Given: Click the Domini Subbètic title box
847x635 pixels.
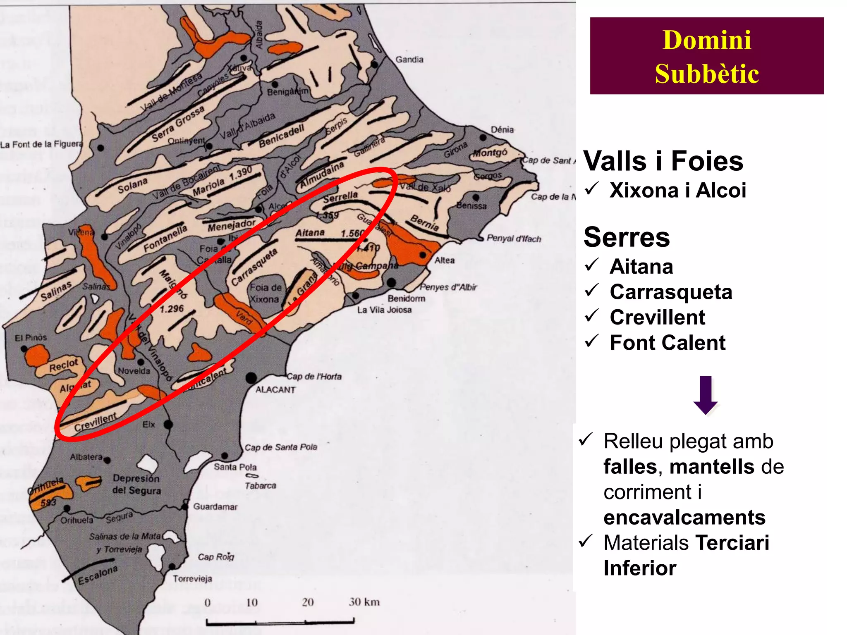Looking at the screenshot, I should [706, 56].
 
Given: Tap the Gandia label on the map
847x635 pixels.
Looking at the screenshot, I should [409, 60].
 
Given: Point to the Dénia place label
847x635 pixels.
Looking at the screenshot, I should [502, 130].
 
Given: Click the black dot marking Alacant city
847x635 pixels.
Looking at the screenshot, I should [251, 377].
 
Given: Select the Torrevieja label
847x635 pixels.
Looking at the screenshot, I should [192, 579].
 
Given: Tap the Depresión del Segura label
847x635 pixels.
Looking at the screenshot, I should [136, 485].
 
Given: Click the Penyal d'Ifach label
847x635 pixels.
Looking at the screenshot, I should [514, 239].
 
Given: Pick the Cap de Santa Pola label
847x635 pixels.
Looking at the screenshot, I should [281, 447].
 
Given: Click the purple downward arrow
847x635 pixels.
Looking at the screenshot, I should [705, 395].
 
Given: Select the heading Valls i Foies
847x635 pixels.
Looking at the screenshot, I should [663, 161].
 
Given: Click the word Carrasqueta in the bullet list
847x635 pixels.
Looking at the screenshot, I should [671, 292].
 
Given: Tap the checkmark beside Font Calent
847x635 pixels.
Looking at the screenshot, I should [592, 341].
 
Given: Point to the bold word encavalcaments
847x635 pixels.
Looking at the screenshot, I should [684, 517].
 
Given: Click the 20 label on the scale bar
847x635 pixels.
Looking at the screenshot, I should [307, 602].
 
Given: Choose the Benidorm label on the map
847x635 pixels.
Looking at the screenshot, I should [406, 298].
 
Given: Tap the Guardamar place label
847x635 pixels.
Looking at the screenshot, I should [215, 507].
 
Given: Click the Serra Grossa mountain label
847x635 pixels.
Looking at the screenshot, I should [178, 123].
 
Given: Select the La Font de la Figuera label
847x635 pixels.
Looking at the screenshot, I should [41, 144].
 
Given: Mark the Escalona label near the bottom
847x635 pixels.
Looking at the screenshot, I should [98, 575].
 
